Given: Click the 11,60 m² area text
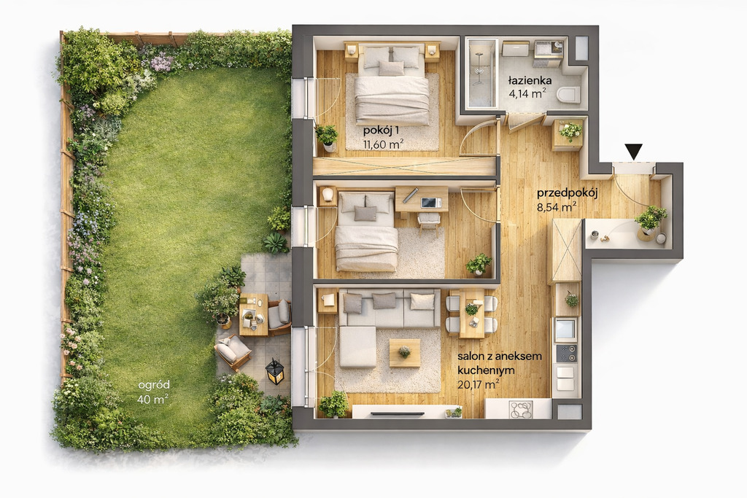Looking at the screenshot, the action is [384, 144].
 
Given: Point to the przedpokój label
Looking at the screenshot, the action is [568, 193].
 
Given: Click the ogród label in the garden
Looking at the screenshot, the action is [154, 385].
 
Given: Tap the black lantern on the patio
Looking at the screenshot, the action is [275, 371].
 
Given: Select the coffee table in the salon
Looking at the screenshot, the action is [404, 353].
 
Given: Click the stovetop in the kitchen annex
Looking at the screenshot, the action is [566, 353].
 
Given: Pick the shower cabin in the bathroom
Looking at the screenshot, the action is [482, 73].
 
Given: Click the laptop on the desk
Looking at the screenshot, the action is [431, 203].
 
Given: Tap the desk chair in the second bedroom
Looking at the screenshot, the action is [429, 222].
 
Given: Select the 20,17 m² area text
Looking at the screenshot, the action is [479, 384].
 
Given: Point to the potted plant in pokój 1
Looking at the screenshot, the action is [327, 136].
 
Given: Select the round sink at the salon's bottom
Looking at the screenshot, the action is [521, 410].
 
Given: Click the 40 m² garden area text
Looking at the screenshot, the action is [152, 399].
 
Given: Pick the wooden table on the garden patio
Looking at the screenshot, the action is [253, 315].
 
